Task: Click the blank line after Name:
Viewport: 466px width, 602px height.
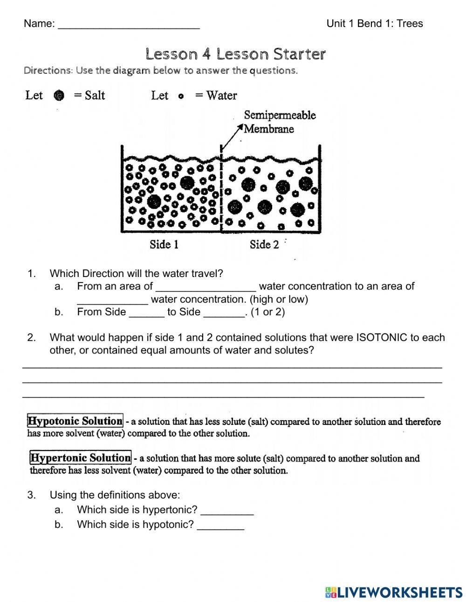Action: point(129,26)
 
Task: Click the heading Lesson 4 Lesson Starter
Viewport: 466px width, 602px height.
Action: point(235,54)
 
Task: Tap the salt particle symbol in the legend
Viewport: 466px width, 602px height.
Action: point(59,96)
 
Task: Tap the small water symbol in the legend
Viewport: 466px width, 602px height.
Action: point(181,96)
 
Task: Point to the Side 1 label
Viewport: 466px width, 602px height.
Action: point(164,244)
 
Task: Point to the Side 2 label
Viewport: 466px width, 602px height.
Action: point(264,244)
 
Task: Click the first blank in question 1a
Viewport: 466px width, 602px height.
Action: point(206,287)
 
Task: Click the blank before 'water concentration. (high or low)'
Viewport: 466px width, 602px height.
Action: point(112,300)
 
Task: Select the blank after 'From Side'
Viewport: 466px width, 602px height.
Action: point(146,313)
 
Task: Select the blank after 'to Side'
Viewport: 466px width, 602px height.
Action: point(224,313)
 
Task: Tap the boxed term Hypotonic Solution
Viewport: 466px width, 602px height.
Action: point(75,421)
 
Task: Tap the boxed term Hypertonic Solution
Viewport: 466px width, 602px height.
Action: point(80,457)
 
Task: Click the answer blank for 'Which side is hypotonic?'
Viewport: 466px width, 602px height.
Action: point(220,526)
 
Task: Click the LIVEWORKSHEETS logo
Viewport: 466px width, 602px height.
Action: point(394,592)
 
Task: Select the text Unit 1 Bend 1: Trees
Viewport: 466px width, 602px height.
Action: point(375,23)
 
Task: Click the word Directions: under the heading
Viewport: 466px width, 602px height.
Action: point(48,70)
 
